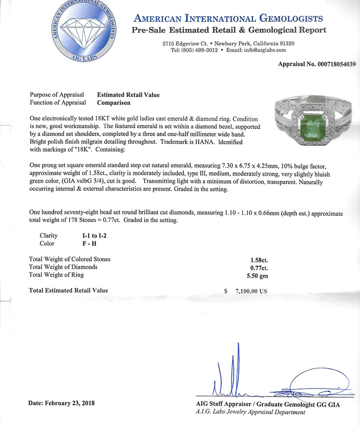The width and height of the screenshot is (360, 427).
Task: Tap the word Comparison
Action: tap(113, 102)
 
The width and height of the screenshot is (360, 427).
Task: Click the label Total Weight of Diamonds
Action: tap(63, 267)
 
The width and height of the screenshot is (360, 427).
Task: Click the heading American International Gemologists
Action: tap(229, 19)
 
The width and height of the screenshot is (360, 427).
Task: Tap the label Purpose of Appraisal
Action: tap(57, 94)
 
